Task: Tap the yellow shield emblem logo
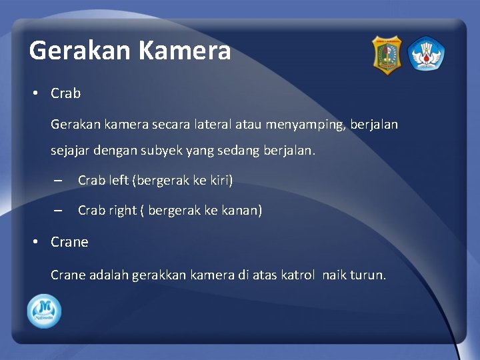387,55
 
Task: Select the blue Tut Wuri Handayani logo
426,55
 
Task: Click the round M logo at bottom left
44,311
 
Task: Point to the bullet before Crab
35,94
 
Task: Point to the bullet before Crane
35,243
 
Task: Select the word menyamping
306,125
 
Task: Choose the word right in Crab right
123,211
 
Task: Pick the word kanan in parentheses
241,211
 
